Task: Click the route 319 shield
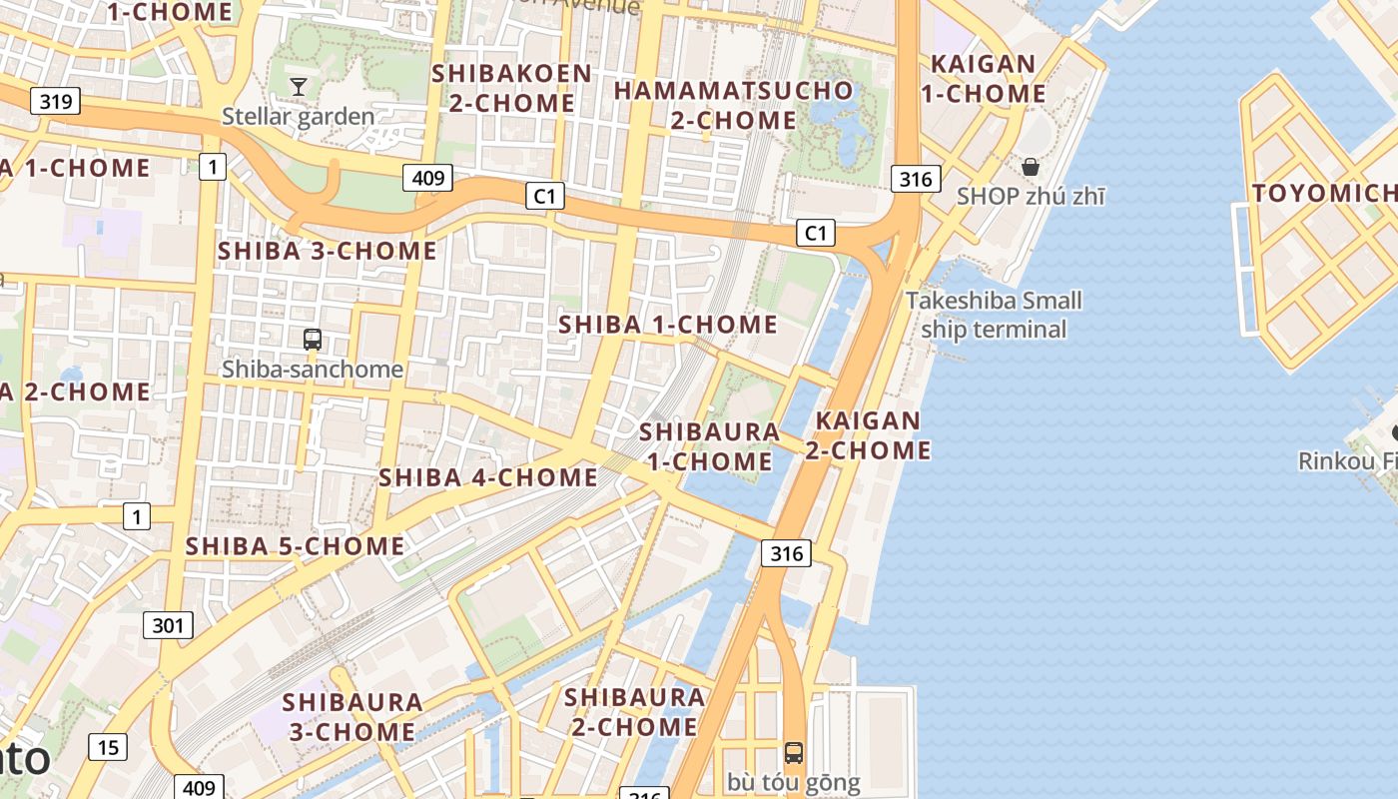click(x=55, y=101)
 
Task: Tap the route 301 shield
click(x=168, y=625)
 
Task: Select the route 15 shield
click(x=108, y=746)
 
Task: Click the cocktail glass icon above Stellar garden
click(x=298, y=87)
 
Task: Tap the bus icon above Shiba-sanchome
click(x=313, y=340)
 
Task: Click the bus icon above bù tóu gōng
click(x=794, y=753)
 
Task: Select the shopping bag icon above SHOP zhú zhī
click(x=1031, y=167)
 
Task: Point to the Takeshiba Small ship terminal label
click(x=993, y=315)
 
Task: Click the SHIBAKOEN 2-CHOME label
click(x=511, y=88)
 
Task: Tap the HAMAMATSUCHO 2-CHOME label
click(x=733, y=105)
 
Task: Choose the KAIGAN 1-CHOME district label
click(x=983, y=79)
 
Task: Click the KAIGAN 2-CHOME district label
click(x=868, y=435)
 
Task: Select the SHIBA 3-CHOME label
click(x=328, y=251)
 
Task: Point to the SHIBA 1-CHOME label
click(x=667, y=325)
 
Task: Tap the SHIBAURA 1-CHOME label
click(x=709, y=446)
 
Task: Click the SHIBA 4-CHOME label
click(x=487, y=477)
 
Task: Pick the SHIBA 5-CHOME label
click(x=295, y=546)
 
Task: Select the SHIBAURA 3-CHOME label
click(x=352, y=717)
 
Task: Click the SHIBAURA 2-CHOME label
click(x=634, y=711)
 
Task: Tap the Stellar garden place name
click(x=298, y=116)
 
